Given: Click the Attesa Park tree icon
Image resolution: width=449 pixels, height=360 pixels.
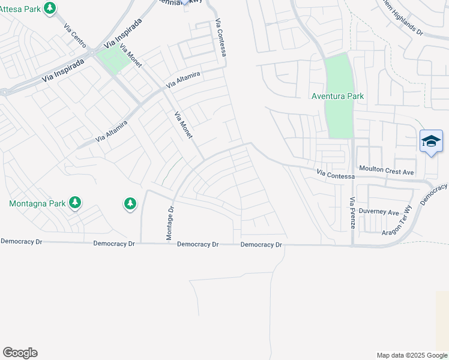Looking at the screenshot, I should (50, 8).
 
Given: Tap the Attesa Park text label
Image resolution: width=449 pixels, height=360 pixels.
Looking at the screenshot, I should (21, 9).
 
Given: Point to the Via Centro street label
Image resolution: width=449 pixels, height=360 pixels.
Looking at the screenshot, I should (75, 35).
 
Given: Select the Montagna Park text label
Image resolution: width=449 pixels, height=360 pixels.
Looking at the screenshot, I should (37, 203).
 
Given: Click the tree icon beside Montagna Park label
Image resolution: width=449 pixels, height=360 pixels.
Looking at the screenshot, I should (75, 203).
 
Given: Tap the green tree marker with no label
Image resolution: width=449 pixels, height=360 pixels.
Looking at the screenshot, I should (130, 204).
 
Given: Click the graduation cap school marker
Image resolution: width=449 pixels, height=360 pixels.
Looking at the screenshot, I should (431, 142).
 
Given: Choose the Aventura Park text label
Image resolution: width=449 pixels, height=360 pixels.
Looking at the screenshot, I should (337, 96).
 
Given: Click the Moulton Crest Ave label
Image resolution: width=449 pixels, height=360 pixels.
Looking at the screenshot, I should (387, 171).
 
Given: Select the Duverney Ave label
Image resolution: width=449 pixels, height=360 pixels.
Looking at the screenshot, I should (380, 212).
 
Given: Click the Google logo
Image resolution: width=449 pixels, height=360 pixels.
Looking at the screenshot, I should (20, 353).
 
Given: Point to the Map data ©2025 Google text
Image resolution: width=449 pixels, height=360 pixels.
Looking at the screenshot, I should (412, 355).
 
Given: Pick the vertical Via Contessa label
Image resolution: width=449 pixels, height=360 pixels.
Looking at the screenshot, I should (220, 39).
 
